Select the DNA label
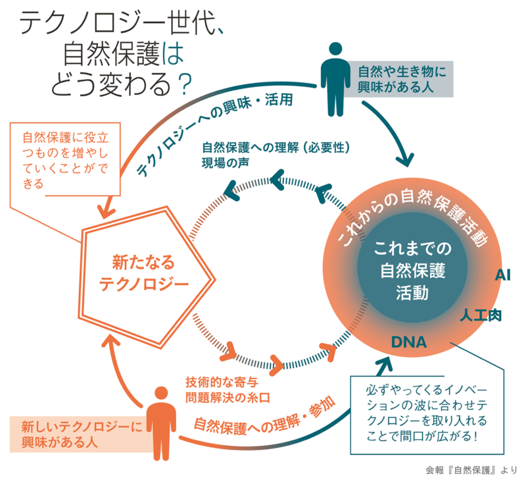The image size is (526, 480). coord(409,343)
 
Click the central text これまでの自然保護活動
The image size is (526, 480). coord(413,270)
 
